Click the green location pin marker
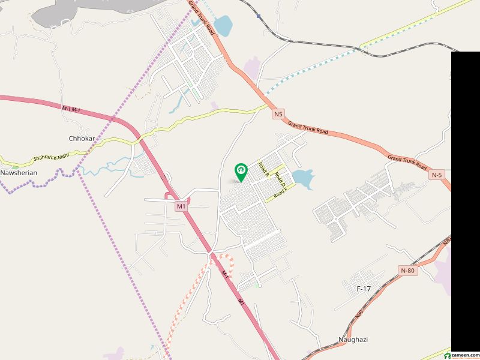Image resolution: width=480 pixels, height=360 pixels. (241, 172)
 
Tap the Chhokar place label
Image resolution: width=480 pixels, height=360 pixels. (82, 138)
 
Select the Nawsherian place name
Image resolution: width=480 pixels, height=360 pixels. (19, 173)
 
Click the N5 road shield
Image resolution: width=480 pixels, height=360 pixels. (277, 113)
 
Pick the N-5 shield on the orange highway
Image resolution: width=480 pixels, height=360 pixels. (437, 175)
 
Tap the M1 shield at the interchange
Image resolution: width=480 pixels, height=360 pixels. (181, 206)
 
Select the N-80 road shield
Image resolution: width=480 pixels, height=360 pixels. (407, 271)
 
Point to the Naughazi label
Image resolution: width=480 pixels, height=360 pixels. (353, 340)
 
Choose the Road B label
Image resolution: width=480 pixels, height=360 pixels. (263, 169)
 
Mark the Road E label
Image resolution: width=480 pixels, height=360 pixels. (281, 194)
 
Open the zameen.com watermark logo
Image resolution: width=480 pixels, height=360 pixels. (465, 354)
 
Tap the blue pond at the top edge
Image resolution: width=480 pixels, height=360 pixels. (222, 26)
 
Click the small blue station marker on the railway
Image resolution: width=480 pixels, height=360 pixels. (259, 17)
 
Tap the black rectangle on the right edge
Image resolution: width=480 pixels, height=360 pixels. (465, 198)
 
